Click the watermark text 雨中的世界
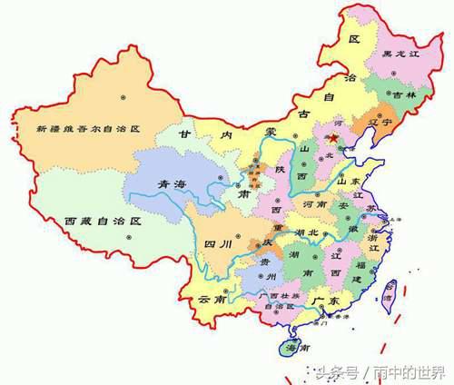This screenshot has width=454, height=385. click(x=414, y=372)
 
